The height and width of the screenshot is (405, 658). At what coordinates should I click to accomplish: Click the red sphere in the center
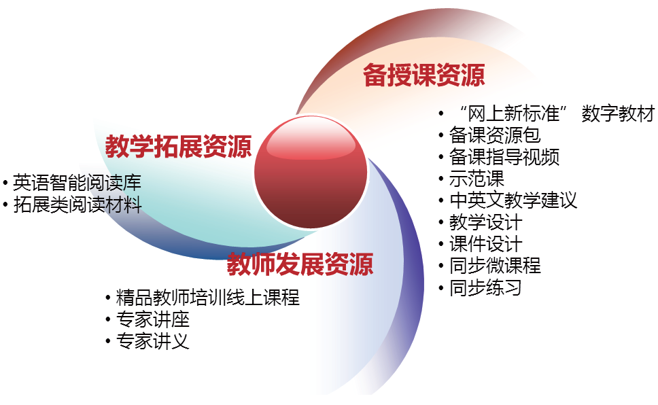[x=311, y=172]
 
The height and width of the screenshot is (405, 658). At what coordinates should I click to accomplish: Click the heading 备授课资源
[x=424, y=75]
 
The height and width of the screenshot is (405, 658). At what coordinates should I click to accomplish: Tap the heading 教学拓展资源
[x=178, y=147]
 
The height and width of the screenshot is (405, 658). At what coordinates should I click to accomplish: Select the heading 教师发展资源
[x=300, y=264]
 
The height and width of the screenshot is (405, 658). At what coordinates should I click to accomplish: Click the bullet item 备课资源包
[x=495, y=135]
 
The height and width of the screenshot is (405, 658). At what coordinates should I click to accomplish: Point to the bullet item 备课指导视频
[x=504, y=157]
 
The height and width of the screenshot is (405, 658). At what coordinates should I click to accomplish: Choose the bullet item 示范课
[x=477, y=179]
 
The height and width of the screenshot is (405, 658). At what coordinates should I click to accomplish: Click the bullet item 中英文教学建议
[x=513, y=200]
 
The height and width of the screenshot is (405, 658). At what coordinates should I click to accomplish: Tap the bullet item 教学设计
[x=485, y=222]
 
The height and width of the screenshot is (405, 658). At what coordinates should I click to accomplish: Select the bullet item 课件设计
[x=485, y=244]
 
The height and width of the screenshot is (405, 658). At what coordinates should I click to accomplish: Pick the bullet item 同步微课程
[x=495, y=266]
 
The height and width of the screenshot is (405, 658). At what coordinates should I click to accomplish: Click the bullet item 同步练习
[x=485, y=288]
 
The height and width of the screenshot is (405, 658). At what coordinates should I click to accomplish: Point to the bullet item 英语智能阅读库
[x=77, y=183]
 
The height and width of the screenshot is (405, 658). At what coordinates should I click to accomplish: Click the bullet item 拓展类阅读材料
[x=77, y=205]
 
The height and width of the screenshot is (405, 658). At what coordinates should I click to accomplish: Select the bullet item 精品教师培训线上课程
[x=208, y=298]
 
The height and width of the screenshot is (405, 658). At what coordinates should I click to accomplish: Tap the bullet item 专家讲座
[x=153, y=319]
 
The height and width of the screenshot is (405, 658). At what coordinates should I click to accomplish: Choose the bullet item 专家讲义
[x=153, y=341]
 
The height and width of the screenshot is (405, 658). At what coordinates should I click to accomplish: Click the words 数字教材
[x=618, y=113]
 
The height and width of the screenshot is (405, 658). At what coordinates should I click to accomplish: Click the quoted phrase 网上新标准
[x=513, y=113]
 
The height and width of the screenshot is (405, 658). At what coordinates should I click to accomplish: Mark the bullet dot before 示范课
[x=441, y=179]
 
